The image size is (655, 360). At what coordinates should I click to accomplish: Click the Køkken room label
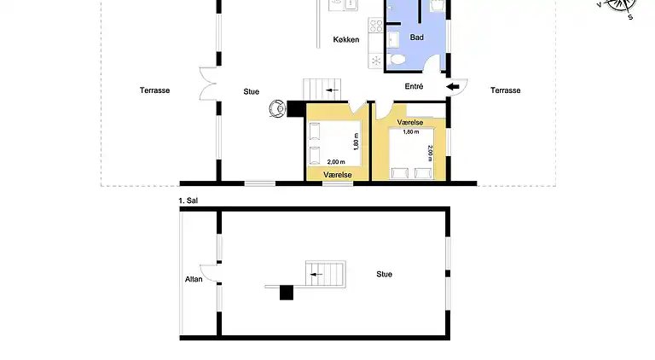click(x=346, y=40)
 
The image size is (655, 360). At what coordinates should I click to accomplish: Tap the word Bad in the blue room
click(x=416, y=38)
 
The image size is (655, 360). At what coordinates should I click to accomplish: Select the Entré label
click(x=414, y=86)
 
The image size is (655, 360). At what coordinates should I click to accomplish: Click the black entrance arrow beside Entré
click(x=452, y=87)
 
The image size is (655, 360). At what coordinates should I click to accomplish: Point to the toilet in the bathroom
click(x=397, y=60)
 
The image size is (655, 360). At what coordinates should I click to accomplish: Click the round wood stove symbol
click(x=277, y=108)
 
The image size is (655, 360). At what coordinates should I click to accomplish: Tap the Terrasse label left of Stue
click(x=154, y=90)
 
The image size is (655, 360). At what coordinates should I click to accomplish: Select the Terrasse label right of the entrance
click(x=505, y=90)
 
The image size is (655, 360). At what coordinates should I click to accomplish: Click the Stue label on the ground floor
click(x=251, y=91)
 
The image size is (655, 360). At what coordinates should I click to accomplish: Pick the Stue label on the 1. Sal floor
click(x=384, y=274)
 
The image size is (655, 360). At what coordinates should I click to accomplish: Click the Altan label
click(x=194, y=279)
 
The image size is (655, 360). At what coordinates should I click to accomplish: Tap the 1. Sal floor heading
click(x=188, y=200)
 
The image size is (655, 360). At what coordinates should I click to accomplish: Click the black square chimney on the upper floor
click(x=287, y=293)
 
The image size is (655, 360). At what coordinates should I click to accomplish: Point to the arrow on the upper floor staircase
click(x=316, y=275)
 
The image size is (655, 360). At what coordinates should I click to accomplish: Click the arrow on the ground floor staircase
click(x=332, y=90)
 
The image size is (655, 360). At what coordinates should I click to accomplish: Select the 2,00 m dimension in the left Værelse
click(x=336, y=161)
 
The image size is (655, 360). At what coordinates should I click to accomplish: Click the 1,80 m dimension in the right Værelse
click(x=410, y=132)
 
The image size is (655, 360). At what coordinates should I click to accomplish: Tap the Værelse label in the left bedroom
click(x=338, y=175)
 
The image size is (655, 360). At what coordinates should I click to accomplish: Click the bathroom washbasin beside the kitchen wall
click(x=392, y=40)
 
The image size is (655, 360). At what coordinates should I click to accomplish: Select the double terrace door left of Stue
click(x=207, y=84)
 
